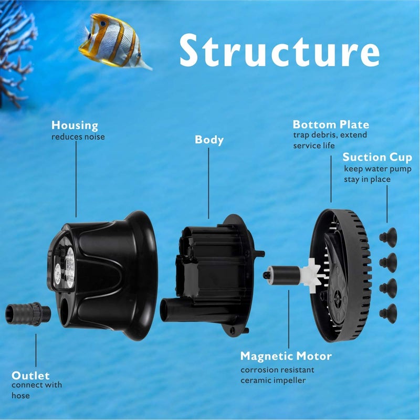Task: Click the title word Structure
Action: pos(279,51)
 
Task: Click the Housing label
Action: pos(75,125)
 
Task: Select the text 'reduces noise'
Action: pos(78,137)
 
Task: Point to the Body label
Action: pos(209,140)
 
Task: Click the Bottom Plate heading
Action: pos(331,124)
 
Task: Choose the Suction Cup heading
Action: pos(377,157)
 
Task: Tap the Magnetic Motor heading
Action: pos(286,356)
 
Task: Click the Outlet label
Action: pos(30,375)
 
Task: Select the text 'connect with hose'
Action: pos(36,390)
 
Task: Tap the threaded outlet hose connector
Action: pos(24,314)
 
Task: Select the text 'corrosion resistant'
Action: pos(277,370)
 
